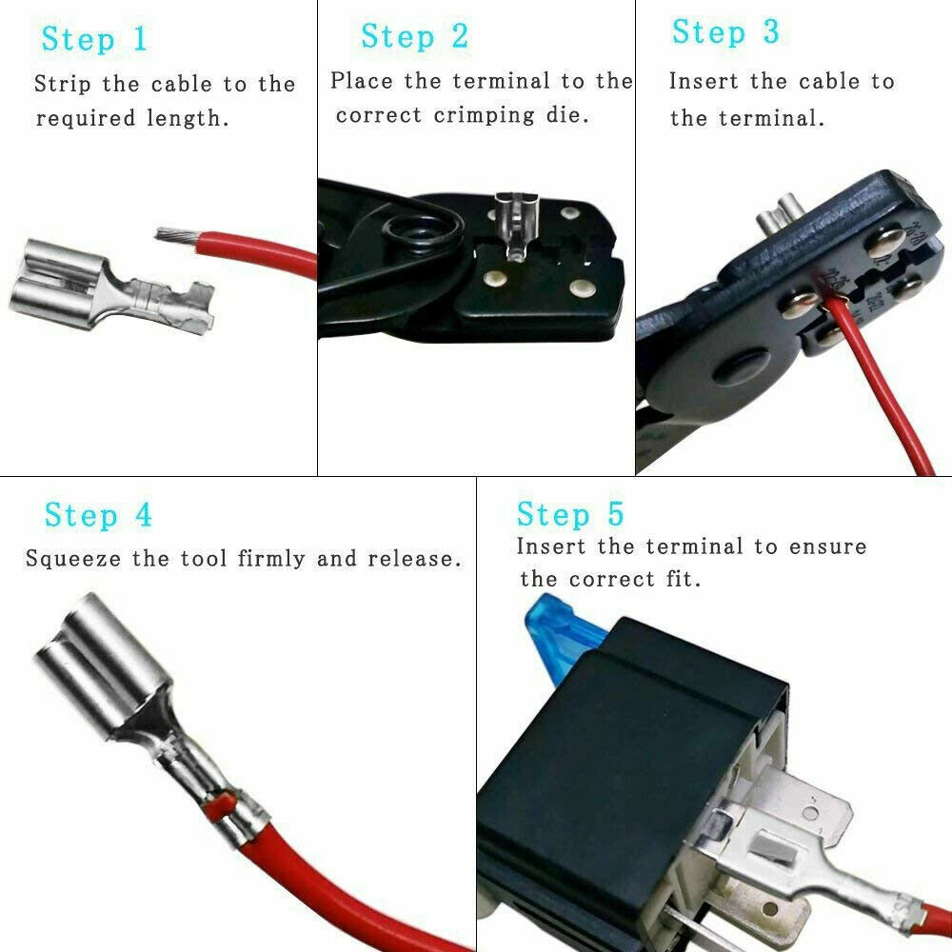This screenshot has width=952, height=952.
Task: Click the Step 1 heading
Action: (x=95, y=39)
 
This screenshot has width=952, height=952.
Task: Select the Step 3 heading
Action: (x=725, y=31)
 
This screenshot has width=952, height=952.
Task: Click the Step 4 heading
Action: (x=98, y=515)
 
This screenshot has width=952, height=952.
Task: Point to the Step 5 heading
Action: (x=570, y=514)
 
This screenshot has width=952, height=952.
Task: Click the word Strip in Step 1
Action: (x=64, y=84)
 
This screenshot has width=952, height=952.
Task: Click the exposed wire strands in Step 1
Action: (x=171, y=234)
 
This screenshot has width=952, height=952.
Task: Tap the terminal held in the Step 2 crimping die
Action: (x=515, y=224)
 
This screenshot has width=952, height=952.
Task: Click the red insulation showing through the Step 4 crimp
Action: (x=219, y=804)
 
